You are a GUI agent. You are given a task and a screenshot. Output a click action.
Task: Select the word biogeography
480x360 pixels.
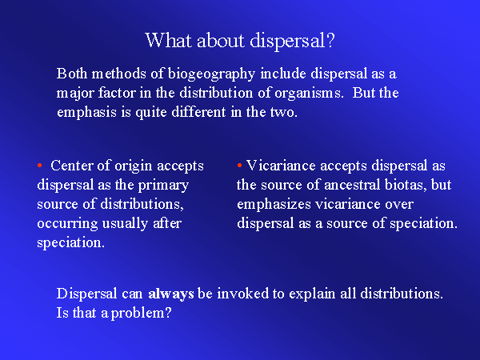pyautogui.click(x=211, y=74)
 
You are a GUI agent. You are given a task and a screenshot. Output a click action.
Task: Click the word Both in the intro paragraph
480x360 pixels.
pyautogui.click(x=70, y=74)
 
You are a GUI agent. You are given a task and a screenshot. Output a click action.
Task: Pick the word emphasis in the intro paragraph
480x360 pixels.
pyautogui.click(x=86, y=112)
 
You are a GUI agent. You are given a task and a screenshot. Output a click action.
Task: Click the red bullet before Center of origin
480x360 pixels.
pyautogui.click(x=39, y=166)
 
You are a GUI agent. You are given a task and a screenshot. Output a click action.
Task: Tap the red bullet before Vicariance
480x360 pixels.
pyautogui.click(x=239, y=166)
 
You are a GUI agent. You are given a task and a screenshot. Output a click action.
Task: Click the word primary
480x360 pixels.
pyautogui.click(x=163, y=186)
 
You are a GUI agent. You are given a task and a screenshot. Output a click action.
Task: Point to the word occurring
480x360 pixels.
pyautogui.click(x=67, y=224)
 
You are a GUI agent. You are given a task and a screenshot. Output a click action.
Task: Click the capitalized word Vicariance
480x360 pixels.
pyautogui.click(x=281, y=166)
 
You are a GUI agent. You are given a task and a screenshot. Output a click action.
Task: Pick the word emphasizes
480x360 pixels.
pyautogui.click(x=274, y=205)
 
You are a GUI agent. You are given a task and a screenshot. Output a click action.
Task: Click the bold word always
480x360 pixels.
pyautogui.click(x=171, y=294)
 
